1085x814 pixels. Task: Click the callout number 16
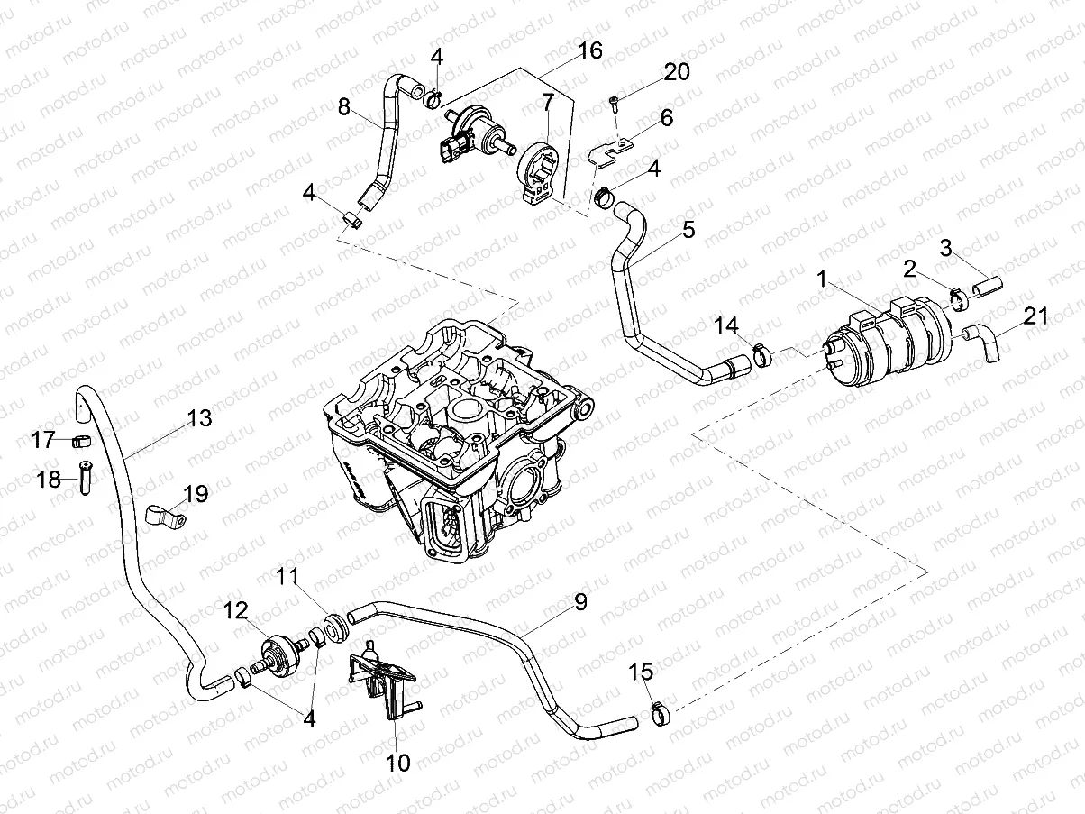coord(589,50)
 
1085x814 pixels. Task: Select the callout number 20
coord(676,72)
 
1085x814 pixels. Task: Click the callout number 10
coord(397,763)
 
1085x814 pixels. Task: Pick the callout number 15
coord(641,672)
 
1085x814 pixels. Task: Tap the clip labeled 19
coord(163,517)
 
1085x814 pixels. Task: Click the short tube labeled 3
coord(988,288)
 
